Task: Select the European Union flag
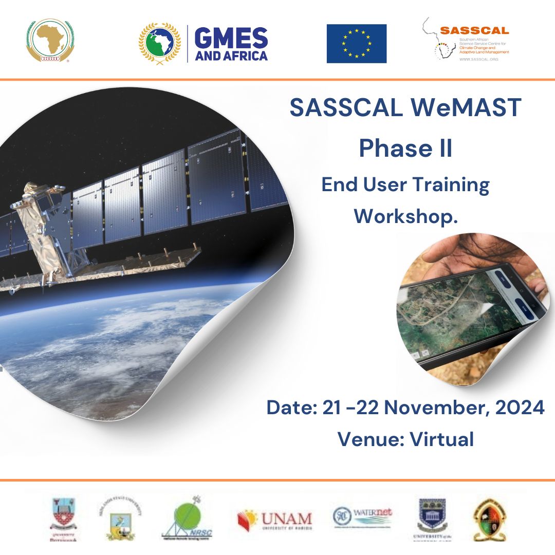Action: point(357,43)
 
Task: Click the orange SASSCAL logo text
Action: point(474,31)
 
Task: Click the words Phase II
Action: point(405,147)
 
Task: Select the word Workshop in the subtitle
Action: point(403,216)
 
